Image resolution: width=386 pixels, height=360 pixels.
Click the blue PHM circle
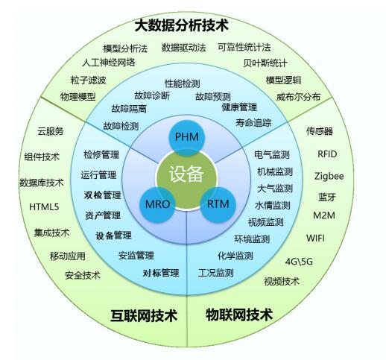point(187,138)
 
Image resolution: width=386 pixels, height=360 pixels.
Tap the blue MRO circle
point(157,204)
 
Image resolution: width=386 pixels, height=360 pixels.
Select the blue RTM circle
point(218,204)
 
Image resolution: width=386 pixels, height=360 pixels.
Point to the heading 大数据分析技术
point(181,25)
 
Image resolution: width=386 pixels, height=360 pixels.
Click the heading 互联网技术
point(144,315)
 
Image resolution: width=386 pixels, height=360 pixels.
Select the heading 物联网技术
point(239,315)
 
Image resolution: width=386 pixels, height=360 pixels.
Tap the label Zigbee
point(329,177)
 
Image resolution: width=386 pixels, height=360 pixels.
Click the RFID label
point(327,154)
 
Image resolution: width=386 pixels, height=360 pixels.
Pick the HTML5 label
point(44,206)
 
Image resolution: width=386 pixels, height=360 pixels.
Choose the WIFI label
point(315,238)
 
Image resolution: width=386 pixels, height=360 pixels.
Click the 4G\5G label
point(299,262)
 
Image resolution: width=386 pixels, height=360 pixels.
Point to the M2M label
point(324,215)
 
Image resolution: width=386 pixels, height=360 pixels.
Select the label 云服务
point(51,131)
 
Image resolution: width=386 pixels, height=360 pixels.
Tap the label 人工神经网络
point(109,62)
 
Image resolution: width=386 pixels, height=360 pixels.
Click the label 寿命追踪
point(253,122)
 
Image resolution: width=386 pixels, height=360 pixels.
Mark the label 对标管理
point(161,273)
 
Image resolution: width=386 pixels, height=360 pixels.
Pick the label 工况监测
point(216,273)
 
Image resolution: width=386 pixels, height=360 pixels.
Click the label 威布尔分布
point(298,97)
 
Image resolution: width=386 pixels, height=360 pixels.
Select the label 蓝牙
point(327,198)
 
